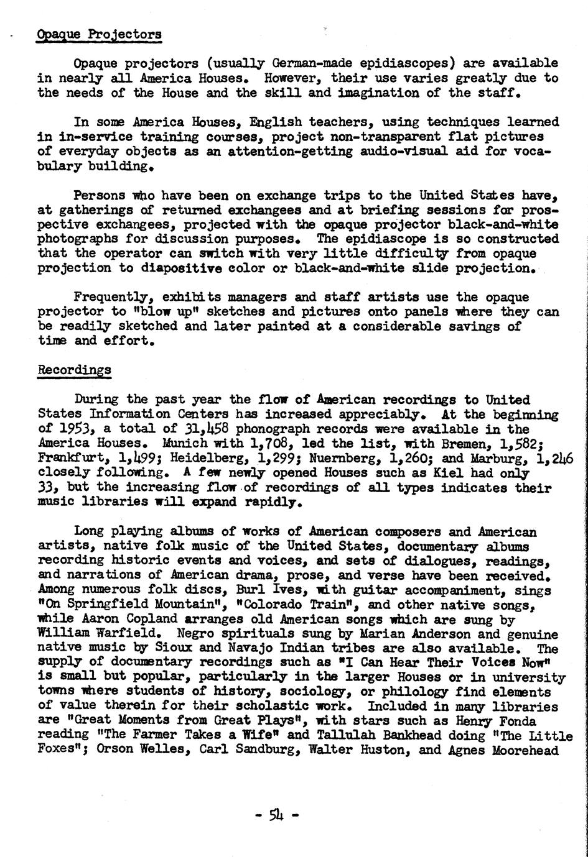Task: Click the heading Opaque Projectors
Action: click(100, 34)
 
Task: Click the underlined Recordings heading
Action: click(75, 370)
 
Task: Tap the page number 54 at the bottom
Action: click(277, 814)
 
